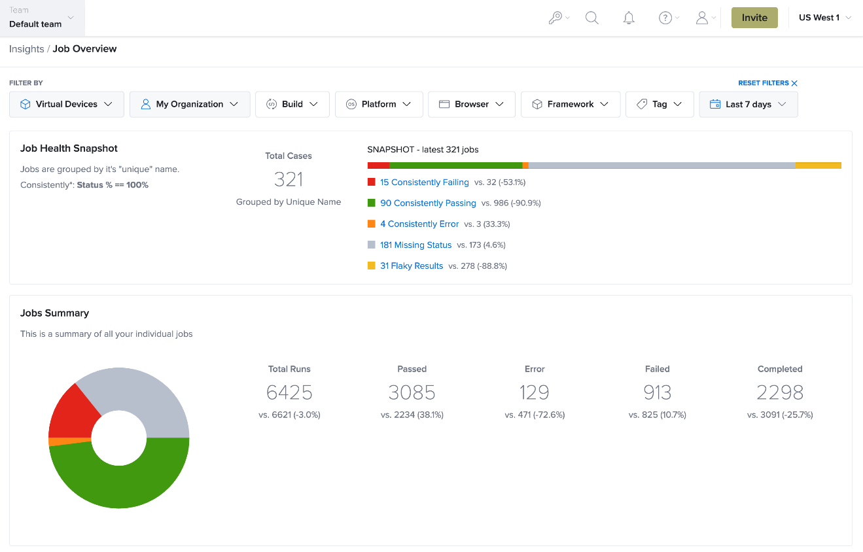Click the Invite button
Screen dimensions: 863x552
tap(754, 18)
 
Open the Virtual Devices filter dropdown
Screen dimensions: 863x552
tap(67, 105)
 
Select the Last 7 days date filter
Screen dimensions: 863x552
tap(749, 105)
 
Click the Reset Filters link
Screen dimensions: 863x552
tap(767, 83)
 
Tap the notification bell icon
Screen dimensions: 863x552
tap(629, 18)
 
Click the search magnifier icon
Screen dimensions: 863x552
tap(591, 18)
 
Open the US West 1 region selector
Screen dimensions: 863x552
tap(825, 18)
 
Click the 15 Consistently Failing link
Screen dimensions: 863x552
tap(424, 182)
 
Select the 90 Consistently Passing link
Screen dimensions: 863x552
tap(428, 203)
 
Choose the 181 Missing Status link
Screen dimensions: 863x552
tap(415, 245)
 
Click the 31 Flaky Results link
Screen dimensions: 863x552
tap(412, 266)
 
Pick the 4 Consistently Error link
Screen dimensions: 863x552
tap(419, 224)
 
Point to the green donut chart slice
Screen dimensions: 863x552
tap(127, 486)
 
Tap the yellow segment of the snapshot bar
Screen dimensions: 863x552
tap(819, 165)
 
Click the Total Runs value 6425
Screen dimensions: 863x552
tap(289, 392)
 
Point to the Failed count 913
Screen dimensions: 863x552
tap(658, 392)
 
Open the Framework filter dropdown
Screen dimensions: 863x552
tap(570, 105)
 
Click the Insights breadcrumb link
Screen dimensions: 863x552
tap(27, 49)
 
